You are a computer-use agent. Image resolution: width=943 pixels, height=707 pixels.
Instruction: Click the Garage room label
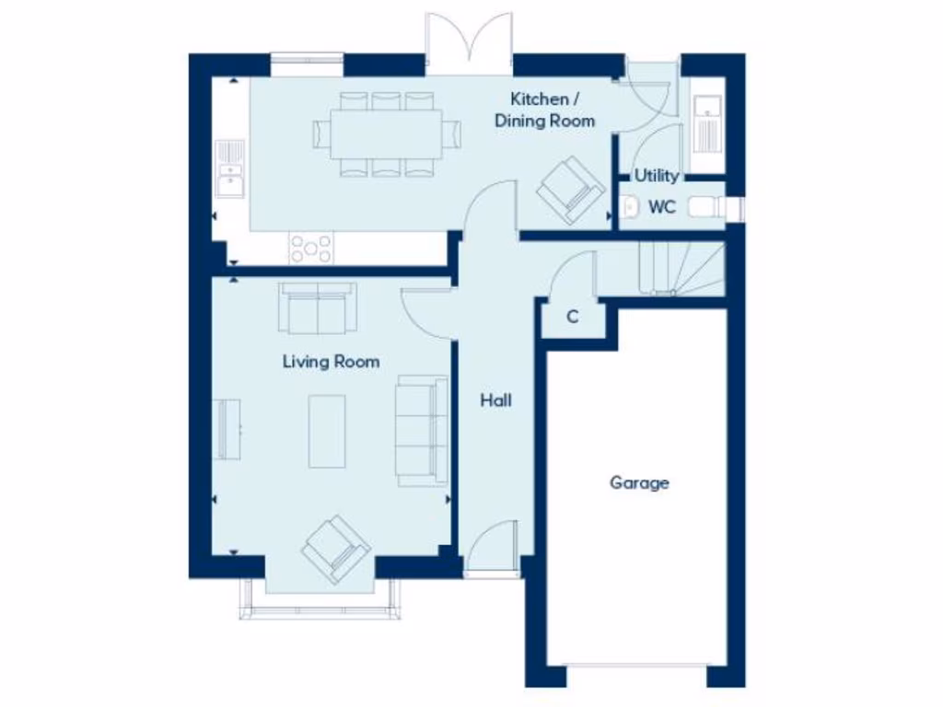pyautogui.click(x=639, y=482)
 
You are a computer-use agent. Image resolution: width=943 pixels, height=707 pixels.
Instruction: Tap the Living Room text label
pyautogui.click(x=331, y=362)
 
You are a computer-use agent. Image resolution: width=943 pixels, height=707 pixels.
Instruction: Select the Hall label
pyautogui.click(x=495, y=400)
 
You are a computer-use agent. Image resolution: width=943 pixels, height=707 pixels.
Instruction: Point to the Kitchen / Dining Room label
pyautogui.click(x=544, y=110)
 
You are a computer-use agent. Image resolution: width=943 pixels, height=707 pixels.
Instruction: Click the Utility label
pyautogui.click(x=657, y=176)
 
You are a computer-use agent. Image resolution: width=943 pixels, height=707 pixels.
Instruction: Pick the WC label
pyautogui.click(x=662, y=207)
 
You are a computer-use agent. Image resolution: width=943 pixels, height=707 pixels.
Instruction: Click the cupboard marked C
pyautogui.click(x=572, y=318)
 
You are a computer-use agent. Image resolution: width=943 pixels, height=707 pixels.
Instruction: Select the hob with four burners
pyautogui.click(x=311, y=248)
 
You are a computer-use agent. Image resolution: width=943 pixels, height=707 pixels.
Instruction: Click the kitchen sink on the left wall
pyautogui.click(x=230, y=168)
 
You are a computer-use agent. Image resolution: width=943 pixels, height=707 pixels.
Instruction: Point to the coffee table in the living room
pyautogui.click(x=327, y=431)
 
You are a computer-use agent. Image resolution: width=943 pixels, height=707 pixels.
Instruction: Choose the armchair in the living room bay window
pyautogui.click(x=335, y=550)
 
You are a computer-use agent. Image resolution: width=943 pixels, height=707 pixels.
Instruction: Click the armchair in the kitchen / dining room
pyautogui.click(x=571, y=190)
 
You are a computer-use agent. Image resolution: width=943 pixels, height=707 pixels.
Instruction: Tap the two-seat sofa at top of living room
pyautogui.click(x=318, y=308)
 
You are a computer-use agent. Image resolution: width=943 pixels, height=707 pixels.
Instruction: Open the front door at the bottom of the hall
pyautogui.click(x=491, y=551)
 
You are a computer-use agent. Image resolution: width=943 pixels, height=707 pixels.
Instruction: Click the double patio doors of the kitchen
pyautogui.click(x=469, y=44)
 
